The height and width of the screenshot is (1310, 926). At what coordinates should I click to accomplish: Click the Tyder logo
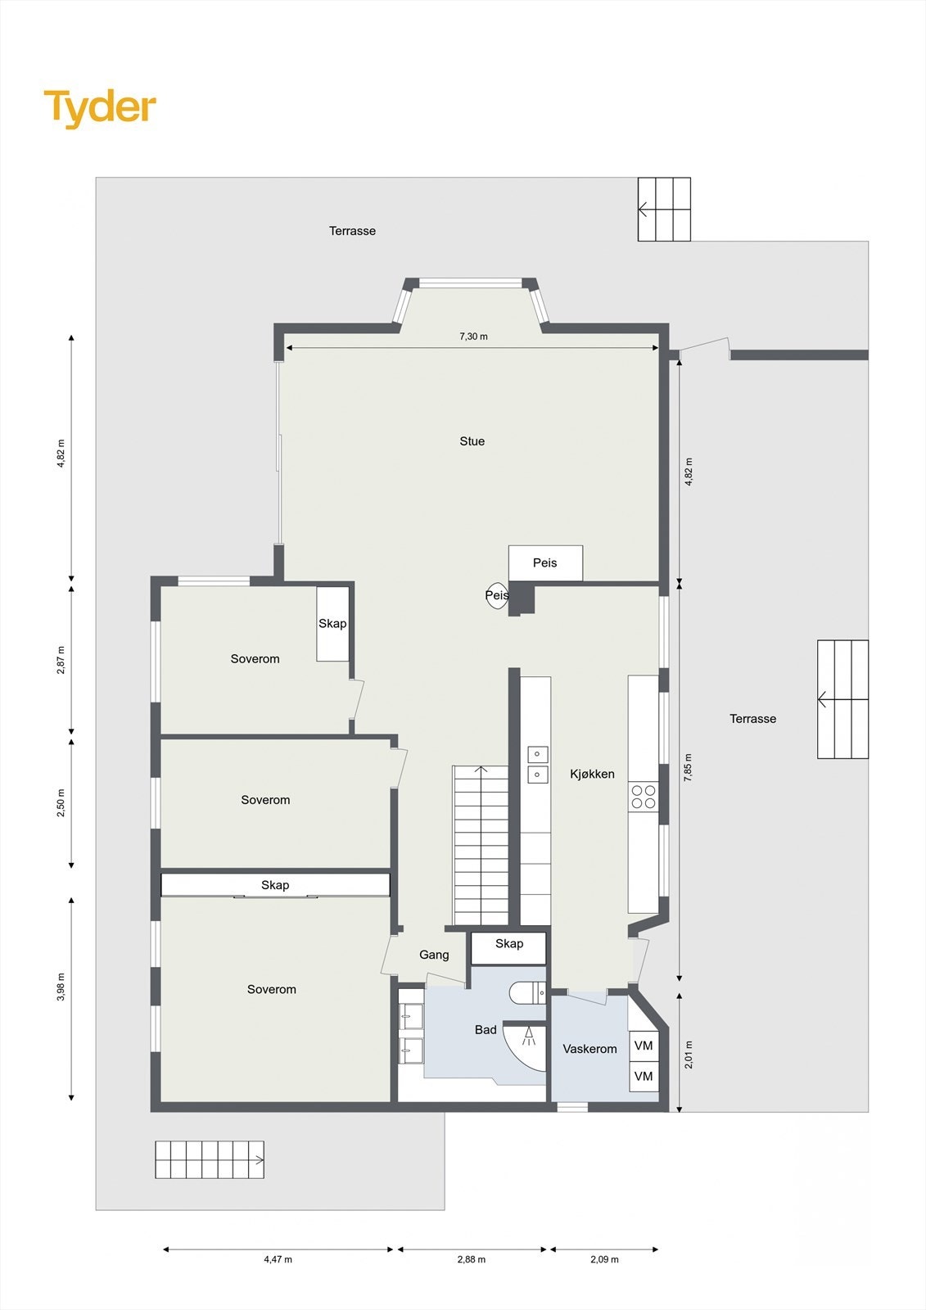pos(100,107)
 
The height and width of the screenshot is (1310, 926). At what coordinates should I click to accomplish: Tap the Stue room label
pos(472,441)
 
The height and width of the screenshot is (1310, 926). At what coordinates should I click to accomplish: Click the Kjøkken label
pos(592,774)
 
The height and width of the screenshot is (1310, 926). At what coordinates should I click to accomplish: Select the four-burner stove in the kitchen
pos(644,797)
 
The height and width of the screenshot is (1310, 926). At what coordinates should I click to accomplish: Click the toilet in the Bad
pos(526,993)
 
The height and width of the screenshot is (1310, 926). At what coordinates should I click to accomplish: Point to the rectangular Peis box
pos(545,562)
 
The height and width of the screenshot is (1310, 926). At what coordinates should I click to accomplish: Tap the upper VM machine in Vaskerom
pos(644,1046)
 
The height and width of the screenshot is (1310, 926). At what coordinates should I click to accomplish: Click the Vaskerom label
pos(589,1049)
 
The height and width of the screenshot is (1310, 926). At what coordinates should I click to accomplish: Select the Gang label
pos(434,955)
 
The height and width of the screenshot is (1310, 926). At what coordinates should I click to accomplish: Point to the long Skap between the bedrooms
pos(275,885)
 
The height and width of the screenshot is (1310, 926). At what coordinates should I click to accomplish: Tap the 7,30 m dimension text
pos(473,337)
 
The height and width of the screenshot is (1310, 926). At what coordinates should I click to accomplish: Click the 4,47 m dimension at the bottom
pos(278,1259)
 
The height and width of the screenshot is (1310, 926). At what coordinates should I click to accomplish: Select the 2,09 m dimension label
pos(604,1259)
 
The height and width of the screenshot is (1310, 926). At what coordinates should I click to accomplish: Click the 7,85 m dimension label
pos(689,767)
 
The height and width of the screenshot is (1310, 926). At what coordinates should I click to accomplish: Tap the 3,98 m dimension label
pos(61,987)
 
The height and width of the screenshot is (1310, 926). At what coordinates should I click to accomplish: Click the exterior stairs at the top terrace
pos(664,210)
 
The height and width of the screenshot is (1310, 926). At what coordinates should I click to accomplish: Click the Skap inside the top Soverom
pos(332,624)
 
